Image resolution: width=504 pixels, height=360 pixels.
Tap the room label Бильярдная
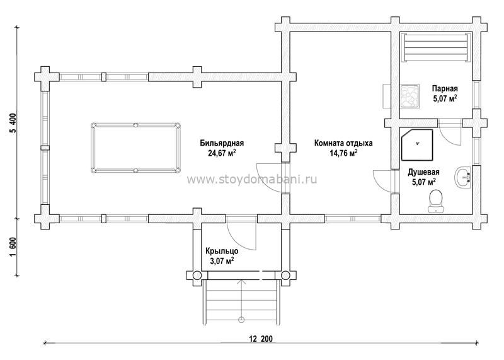pos(222,143)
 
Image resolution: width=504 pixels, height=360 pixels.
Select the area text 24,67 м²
pos(222,153)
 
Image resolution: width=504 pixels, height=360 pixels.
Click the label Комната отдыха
pos(343,143)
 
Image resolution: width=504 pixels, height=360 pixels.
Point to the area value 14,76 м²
pos(343,153)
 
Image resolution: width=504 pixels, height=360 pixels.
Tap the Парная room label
pos(445,88)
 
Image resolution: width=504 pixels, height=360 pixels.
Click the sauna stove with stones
pos(409,95)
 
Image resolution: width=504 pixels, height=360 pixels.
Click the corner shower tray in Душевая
pos(417,145)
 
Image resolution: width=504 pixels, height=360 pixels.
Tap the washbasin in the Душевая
pos(463,177)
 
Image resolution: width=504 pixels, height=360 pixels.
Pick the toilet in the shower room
pos(436,201)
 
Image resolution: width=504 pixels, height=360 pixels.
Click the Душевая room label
pos(423,172)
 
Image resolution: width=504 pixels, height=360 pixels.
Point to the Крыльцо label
pos(222,251)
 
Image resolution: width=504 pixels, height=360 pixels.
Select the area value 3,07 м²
pos(222,260)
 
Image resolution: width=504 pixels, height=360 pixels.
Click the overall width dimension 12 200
pos(261,339)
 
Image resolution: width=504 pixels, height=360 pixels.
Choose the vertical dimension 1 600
pos(13,247)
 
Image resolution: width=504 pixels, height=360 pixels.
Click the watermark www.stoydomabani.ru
pos(251,179)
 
